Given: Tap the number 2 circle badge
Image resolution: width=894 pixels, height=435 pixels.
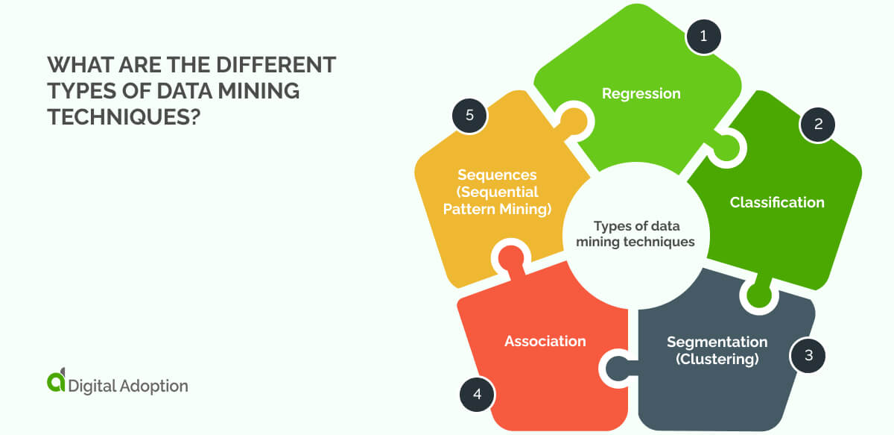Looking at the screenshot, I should click(818, 125).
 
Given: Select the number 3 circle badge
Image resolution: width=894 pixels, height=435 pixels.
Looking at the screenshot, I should click(807, 355).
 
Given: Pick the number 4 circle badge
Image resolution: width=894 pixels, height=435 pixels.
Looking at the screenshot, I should click(476, 392).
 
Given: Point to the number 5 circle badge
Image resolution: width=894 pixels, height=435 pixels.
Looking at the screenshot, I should click(469, 116).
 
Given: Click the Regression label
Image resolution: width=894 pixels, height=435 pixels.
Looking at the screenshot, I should click(641, 93).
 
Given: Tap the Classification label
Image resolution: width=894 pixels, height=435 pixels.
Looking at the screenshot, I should click(776, 202).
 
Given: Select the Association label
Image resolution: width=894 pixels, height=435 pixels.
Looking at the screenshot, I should click(545, 341).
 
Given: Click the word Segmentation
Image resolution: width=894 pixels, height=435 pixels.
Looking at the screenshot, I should click(717, 342).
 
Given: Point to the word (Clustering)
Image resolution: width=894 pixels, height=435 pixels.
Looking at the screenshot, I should click(717, 359).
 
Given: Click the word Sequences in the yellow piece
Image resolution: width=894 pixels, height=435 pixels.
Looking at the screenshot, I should click(497, 175).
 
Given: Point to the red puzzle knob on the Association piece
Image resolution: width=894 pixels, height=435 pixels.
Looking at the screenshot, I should click(510, 258).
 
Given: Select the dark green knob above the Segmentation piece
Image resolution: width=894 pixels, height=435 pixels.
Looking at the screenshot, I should click(758, 294).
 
